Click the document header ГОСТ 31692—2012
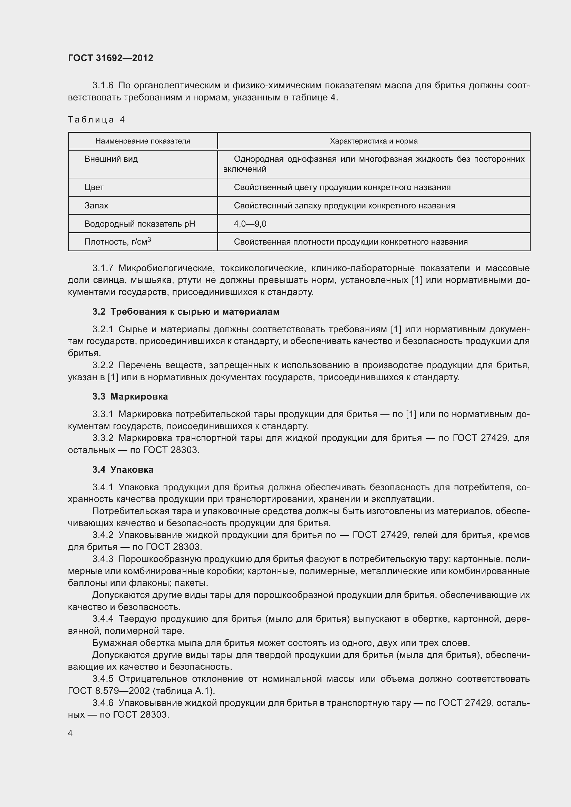click(x=110, y=58)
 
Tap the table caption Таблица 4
click(x=96, y=120)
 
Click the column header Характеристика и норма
click(x=374, y=141)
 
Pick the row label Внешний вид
click(x=111, y=159)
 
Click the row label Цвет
click(x=94, y=187)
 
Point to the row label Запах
click(x=96, y=206)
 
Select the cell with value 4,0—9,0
click(x=250, y=224)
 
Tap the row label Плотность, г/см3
click(x=117, y=242)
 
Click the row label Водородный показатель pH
click(x=139, y=224)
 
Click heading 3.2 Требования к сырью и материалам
click(x=186, y=312)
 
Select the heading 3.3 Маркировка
click(x=130, y=396)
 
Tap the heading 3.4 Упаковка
click(x=123, y=470)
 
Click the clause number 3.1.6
click(x=103, y=86)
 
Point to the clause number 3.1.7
click(x=103, y=268)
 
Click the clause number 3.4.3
click(x=103, y=559)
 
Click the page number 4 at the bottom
click(x=70, y=733)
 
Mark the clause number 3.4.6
click(x=103, y=702)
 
